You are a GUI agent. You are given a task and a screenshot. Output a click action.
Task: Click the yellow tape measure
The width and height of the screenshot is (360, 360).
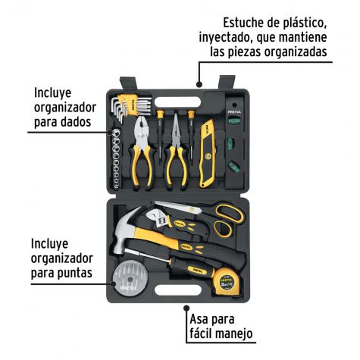coord(227,282)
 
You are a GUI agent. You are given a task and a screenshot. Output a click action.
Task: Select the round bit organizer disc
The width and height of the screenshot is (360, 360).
coord(128,278)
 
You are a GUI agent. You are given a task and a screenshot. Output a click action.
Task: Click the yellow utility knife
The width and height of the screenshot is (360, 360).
coord(208,153)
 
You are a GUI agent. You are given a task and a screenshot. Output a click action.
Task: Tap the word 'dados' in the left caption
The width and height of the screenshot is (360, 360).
coord(75,122)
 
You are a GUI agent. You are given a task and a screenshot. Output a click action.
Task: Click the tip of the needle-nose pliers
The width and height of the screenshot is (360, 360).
coord(175,115)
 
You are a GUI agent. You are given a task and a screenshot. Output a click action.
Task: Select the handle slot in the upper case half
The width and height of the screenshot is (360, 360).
coord(177,102)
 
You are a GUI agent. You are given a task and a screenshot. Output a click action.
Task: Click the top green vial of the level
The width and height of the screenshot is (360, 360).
coord(234,121)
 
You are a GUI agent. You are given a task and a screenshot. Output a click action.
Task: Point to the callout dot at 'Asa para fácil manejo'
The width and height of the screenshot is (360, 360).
coord(186,308)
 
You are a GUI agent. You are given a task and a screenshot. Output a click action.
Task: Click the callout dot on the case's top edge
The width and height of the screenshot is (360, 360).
coord(199,84)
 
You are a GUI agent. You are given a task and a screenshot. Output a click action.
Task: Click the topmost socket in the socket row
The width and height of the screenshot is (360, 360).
coord(116,132)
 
